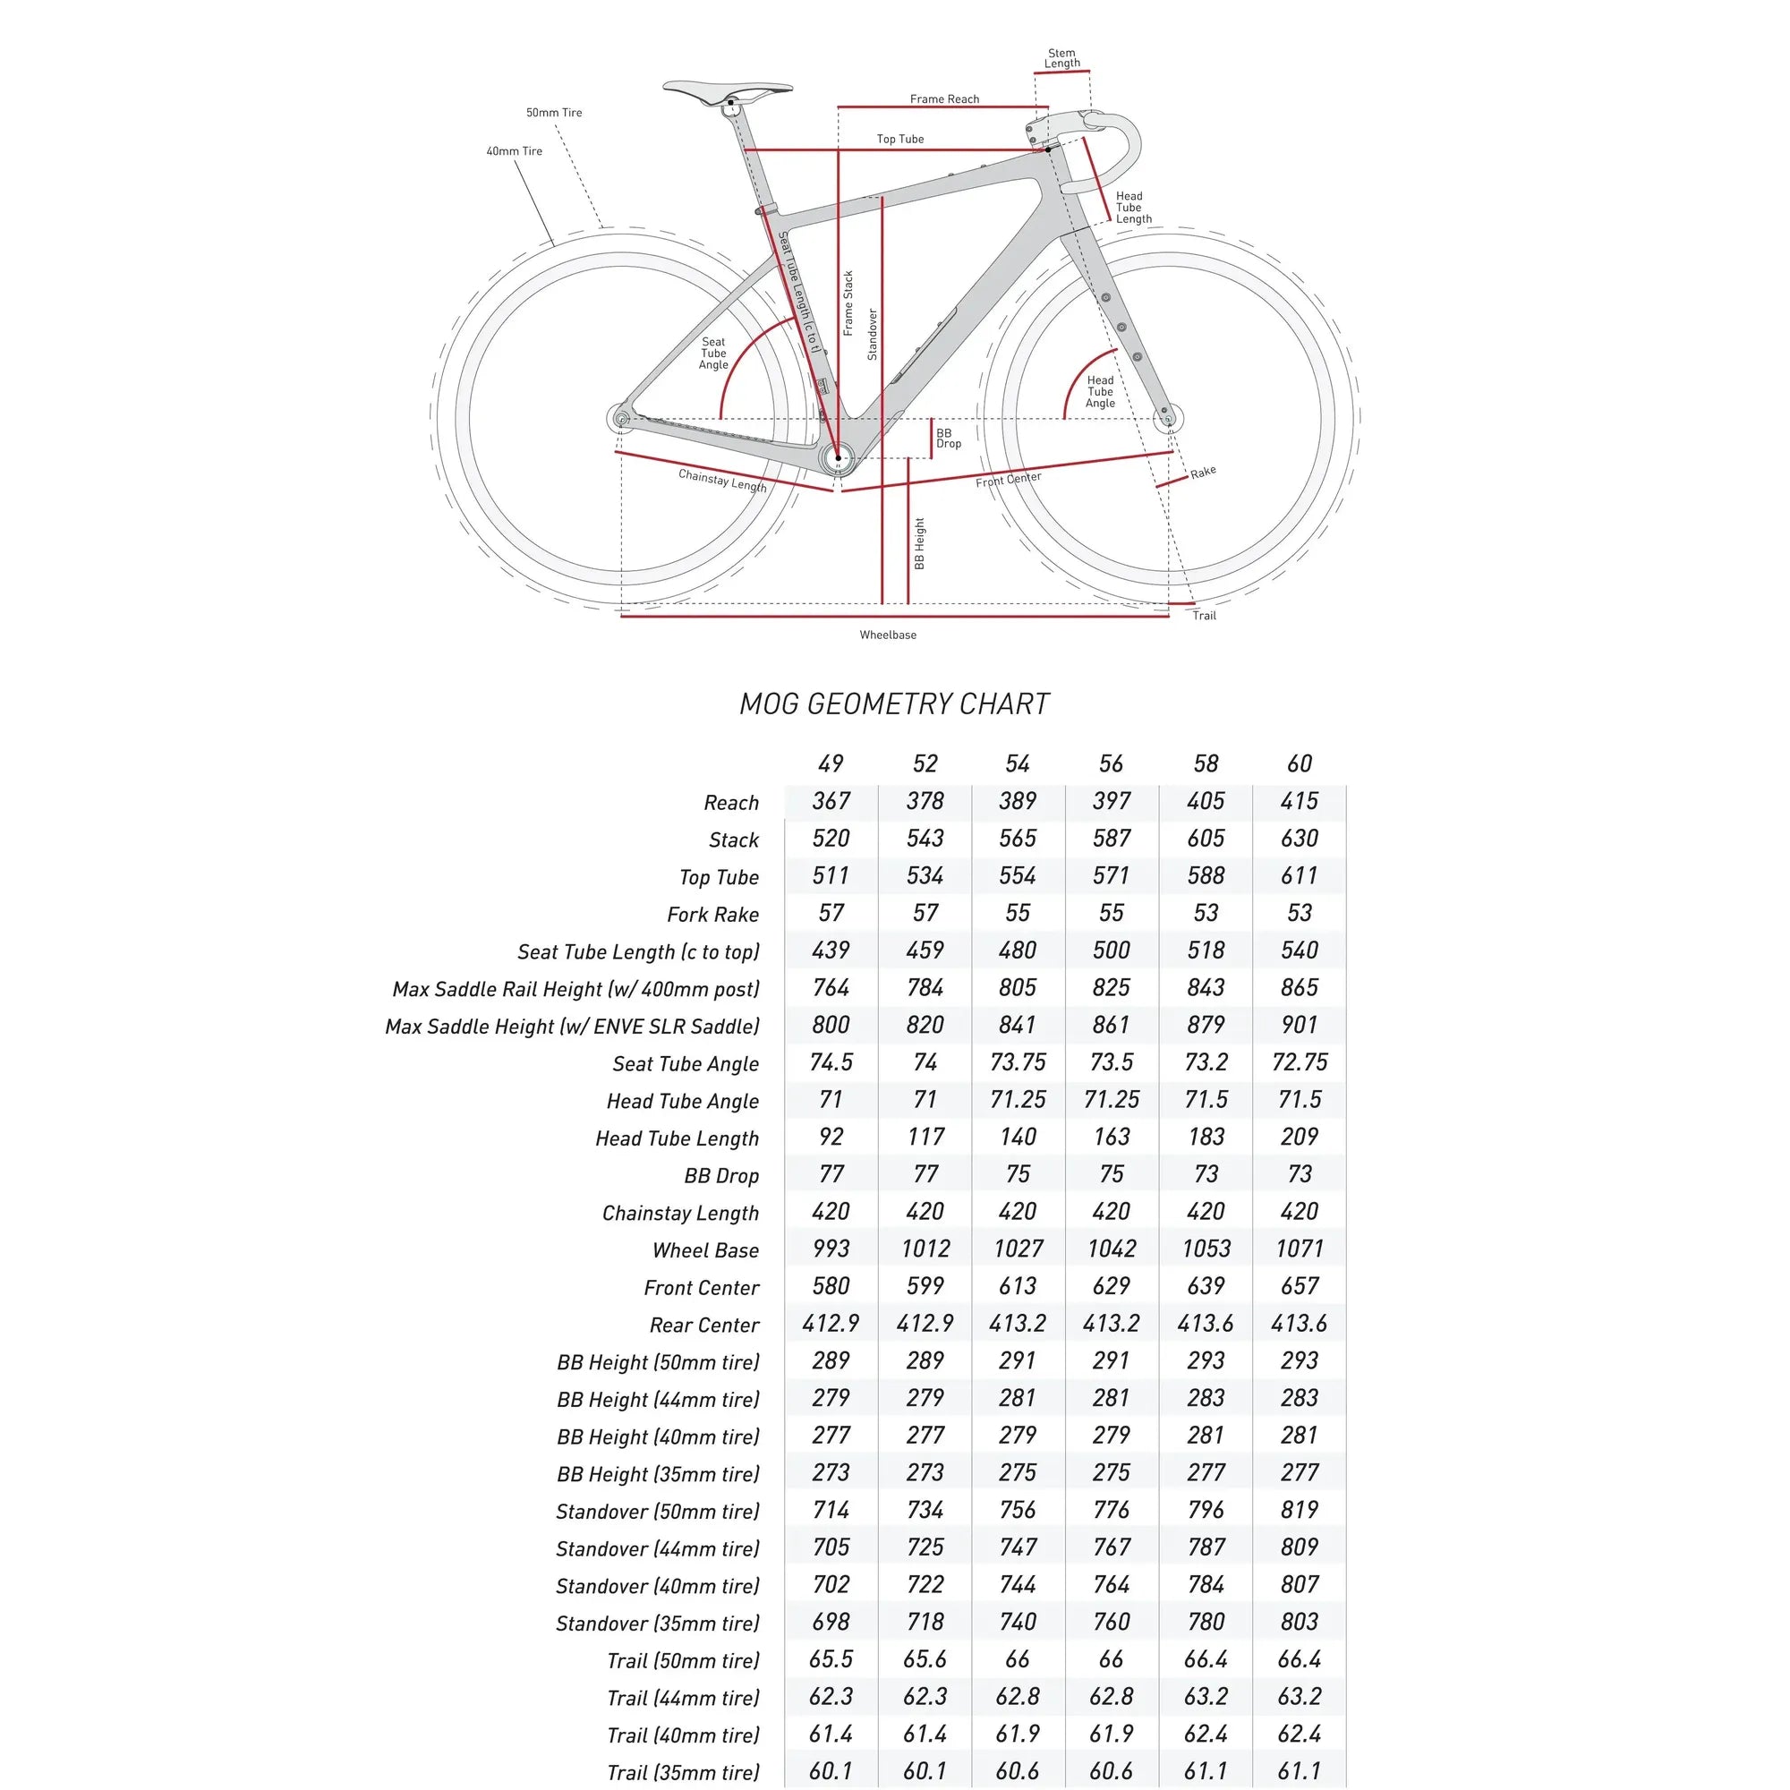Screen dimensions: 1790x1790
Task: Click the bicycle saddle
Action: pyautogui.click(x=728, y=89)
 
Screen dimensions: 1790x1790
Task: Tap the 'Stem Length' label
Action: pyautogui.click(x=1061, y=58)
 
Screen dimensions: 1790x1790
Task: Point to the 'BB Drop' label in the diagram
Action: pyautogui.click(x=949, y=439)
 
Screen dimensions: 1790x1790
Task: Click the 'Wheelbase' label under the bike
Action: pyautogui.click(x=888, y=635)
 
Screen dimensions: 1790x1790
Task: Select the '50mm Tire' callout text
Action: pyautogui.click(x=554, y=113)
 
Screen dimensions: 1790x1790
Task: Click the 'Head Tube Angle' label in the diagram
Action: pyautogui.click(x=1100, y=392)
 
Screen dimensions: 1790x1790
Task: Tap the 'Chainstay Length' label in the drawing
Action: pyautogui.click(x=721, y=481)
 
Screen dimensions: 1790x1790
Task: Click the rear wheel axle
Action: pyautogui.click(x=622, y=419)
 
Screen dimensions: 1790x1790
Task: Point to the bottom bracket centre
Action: pyautogui.click(x=839, y=457)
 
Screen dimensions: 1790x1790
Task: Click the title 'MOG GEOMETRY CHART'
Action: pyautogui.click(x=894, y=704)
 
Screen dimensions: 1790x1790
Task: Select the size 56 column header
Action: pyautogui.click(x=1111, y=763)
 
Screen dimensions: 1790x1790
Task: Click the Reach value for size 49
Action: pyautogui.click(x=831, y=801)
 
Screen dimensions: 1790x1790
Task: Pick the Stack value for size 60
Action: pyautogui.click(x=1299, y=839)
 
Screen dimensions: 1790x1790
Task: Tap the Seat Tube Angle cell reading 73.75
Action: pyautogui.click(x=1018, y=1062)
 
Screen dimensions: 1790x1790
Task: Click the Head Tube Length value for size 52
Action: pyautogui.click(x=925, y=1137)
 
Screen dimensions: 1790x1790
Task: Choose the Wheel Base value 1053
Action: pyautogui.click(x=1206, y=1249)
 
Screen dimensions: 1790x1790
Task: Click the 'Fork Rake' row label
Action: pyautogui.click(x=712, y=915)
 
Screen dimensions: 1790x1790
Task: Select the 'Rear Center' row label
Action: pyautogui.click(x=704, y=1325)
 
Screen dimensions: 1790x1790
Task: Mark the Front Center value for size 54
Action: pyautogui.click(x=1018, y=1286)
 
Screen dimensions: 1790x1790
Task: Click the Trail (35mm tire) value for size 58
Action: pyautogui.click(x=1206, y=1770)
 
